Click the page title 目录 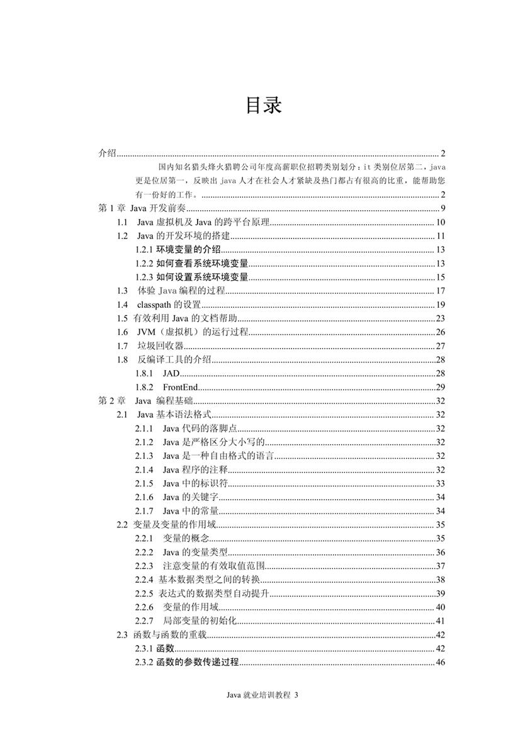tap(263, 106)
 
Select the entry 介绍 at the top tap(108, 154)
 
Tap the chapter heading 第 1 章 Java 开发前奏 tap(141, 209)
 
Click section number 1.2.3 tap(145, 278)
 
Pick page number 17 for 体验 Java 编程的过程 tap(441, 291)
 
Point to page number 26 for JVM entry tap(441, 332)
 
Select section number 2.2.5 tap(145, 593)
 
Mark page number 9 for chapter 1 tap(443, 209)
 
